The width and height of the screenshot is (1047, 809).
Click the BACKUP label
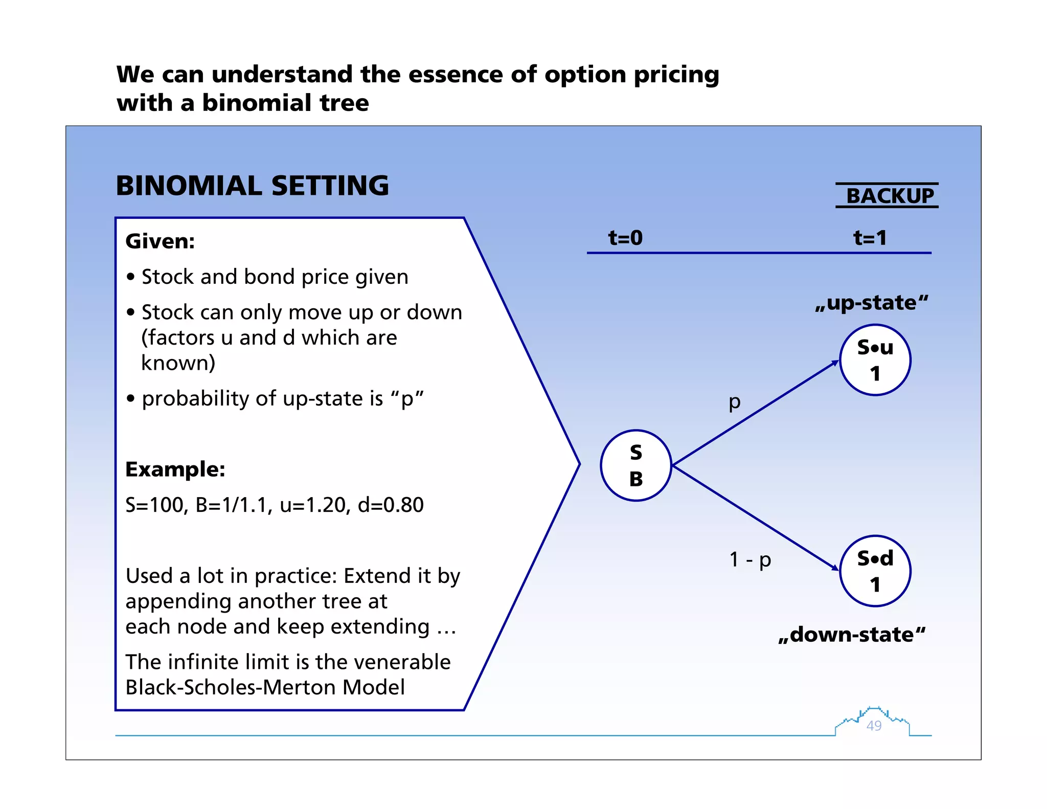tap(890, 196)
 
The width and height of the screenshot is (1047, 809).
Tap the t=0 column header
tap(625, 238)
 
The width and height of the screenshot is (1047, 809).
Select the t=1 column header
tap(870, 238)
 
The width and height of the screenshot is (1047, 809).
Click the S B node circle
tap(635, 465)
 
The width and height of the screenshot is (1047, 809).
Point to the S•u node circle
tap(875, 360)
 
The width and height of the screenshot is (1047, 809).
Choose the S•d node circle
tap(875, 571)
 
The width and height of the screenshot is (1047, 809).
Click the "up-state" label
tap(872, 303)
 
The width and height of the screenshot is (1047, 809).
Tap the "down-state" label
tap(852, 635)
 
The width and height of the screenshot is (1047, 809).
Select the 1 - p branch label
tap(749, 559)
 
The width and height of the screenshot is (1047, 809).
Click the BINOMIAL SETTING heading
tap(252, 186)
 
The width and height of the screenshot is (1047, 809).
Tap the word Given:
tap(160, 241)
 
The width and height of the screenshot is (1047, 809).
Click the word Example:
tap(175, 469)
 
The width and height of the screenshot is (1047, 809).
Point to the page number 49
tap(874, 725)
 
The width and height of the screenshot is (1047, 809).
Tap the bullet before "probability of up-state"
tap(131, 398)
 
